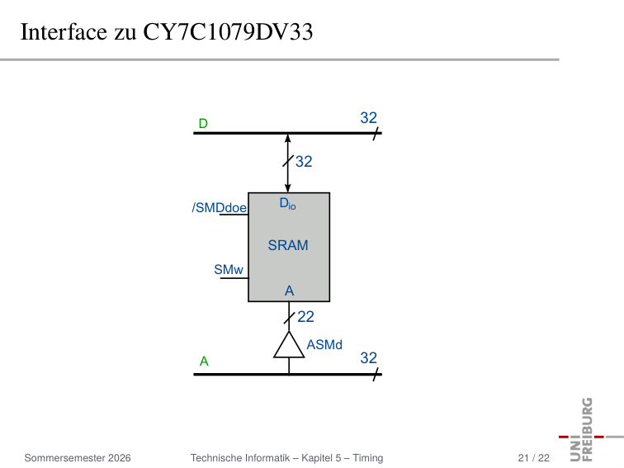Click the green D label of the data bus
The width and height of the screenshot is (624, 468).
[x=203, y=123]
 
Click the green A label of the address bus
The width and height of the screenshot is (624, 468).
[x=204, y=361]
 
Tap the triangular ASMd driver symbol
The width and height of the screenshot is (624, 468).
[x=289, y=345]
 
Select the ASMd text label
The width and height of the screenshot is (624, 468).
[x=324, y=344]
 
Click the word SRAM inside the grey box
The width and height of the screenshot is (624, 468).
[x=288, y=245]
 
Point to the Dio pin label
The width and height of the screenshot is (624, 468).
[x=288, y=203]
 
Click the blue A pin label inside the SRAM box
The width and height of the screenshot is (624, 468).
[x=290, y=291]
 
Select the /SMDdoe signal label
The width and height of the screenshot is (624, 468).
[x=220, y=207]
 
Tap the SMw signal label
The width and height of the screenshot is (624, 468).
[x=229, y=269]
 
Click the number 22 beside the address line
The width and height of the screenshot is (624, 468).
[x=305, y=317]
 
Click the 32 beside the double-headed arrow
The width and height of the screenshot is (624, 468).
[x=304, y=162]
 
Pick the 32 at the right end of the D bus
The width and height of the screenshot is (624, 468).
[x=368, y=118]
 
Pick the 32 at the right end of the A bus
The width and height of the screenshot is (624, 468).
[x=368, y=358]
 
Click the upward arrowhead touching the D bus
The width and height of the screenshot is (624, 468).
[x=288, y=139]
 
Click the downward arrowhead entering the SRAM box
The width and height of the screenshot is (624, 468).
[x=288, y=188]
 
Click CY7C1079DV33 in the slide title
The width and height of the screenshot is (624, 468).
[x=228, y=32]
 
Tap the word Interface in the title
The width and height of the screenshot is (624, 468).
[x=64, y=32]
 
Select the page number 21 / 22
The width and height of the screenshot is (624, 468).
[x=534, y=458]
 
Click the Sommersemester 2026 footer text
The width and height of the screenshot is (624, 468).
[x=78, y=458]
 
